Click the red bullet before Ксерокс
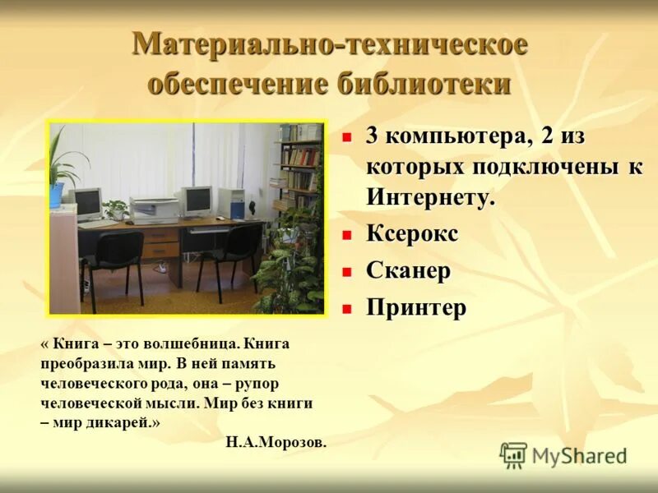click(347, 235)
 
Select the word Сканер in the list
click(408, 270)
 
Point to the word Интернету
click(430, 197)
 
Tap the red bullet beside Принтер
click(347, 309)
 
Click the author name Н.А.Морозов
click(276, 441)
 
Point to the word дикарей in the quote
click(118, 422)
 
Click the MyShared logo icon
click(513, 454)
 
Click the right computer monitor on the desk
click(197, 199)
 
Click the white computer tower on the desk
click(232, 203)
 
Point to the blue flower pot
click(56, 195)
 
